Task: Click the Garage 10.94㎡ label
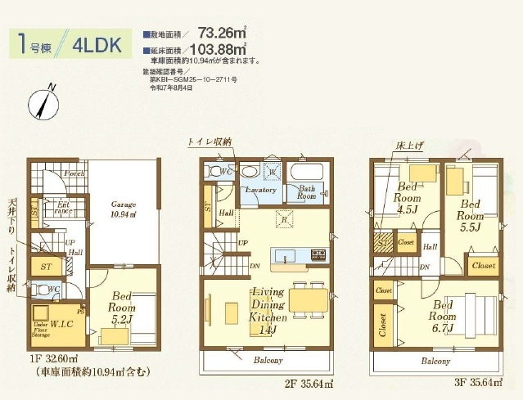[x=124, y=209]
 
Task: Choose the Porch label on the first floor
[x=74, y=173]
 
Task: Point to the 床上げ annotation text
[x=409, y=145]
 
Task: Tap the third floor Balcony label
[x=435, y=360]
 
